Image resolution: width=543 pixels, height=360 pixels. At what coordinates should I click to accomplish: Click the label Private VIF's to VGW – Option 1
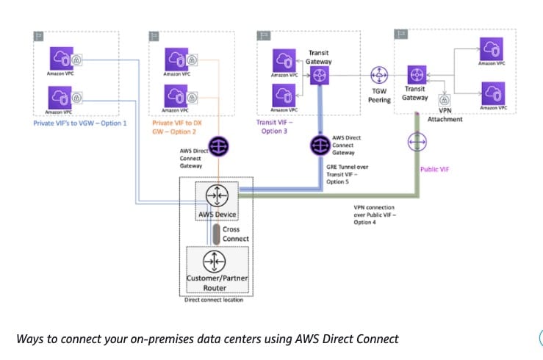[80, 123]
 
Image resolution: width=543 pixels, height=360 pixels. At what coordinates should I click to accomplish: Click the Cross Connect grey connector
[217, 233]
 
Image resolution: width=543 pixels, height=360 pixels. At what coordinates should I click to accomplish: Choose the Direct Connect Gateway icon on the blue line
[318, 145]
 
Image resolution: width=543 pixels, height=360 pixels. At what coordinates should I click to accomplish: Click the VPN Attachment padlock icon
[444, 101]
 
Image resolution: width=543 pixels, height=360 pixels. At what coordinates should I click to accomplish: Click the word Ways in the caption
[30, 339]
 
